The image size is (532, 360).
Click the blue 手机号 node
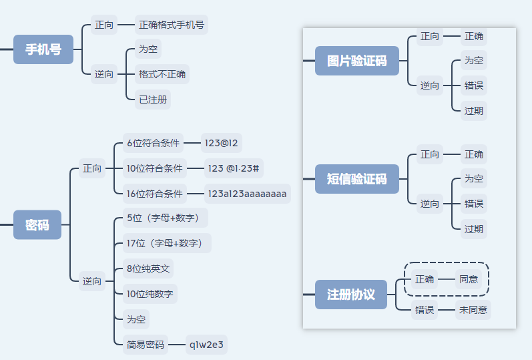pos(43,49)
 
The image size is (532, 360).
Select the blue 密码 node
pos(37,225)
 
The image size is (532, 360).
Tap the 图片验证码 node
pos(356,61)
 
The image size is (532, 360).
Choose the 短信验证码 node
pos(356,179)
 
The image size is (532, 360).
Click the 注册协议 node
pos(351,295)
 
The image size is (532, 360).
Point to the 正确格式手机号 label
pos(172,25)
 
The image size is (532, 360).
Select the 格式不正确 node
pos(162,73)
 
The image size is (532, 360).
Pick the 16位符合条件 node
pos(155,194)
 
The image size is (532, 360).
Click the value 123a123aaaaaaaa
pos(248,194)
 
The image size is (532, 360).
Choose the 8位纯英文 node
pos(148,268)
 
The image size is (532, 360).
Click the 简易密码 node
pos(146,345)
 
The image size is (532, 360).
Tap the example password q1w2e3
pos(207,345)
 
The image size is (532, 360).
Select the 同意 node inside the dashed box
pos(468,279)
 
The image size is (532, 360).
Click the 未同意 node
pos(473,310)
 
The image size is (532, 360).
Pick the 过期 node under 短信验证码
pos(474,229)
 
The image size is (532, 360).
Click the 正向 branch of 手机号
pos(104,25)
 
